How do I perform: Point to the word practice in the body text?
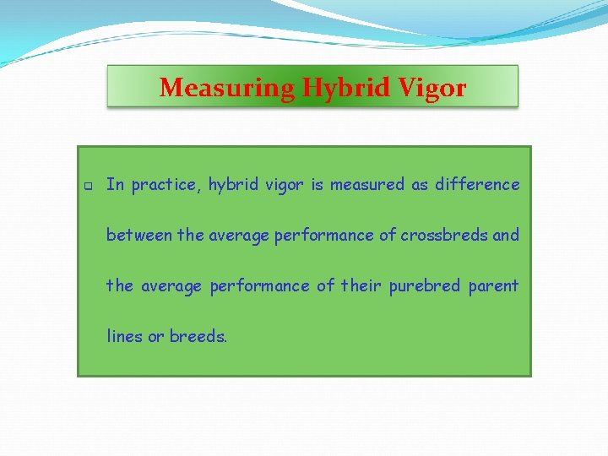pyautogui.click(x=166, y=185)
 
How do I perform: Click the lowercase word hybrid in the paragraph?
pyautogui.click(x=234, y=185)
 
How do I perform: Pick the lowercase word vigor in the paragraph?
pyautogui.click(x=285, y=185)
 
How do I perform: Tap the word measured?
pyautogui.click(x=367, y=184)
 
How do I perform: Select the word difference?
pyautogui.click(x=477, y=184)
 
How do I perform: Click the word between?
pyautogui.click(x=139, y=235)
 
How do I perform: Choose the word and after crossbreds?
pyautogui.click(x=506, y=235)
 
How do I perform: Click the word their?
pyautogui.click(x=361, y=285)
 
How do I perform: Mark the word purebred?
pyautogui.click(x=425, y=285)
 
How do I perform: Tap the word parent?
pyautogui.click(x=493, y=286)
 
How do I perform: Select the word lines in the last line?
pyautogui.click(x=124, y=336)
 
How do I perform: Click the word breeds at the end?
pyautogui.click(x=198, y=336)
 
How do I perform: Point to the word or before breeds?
pyautogui.click(x=156, y=337)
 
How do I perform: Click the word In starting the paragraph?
pyautogui.click(x=115, y=184)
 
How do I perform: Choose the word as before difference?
pyautogui.click(x=420, y=185)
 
